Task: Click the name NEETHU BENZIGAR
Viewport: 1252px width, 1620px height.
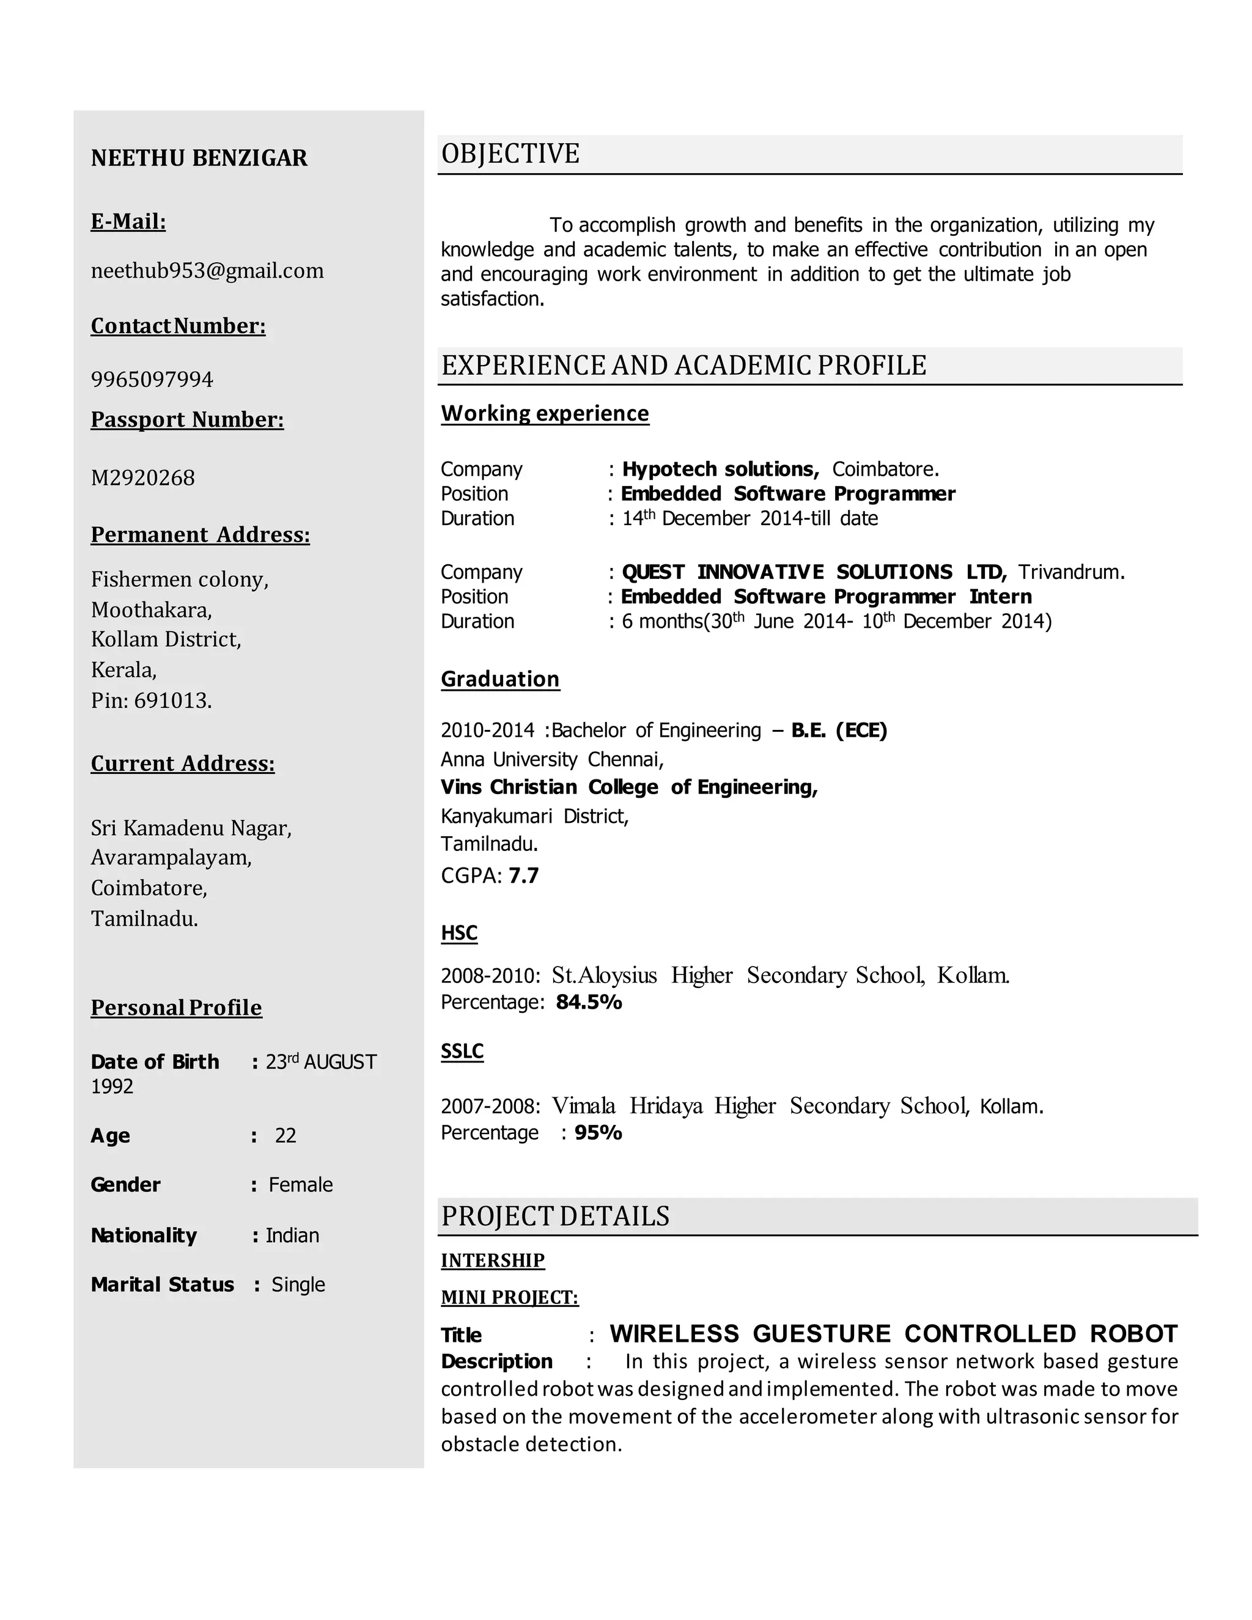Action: click(x=199, y=158)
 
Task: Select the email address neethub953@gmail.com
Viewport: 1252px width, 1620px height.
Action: click(x=207, y=271)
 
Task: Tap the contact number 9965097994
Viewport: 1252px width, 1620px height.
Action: click(x=152, y=379)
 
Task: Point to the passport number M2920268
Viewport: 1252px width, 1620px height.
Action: click(x=142, y=477)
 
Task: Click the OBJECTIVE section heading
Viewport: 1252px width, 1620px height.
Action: click(x=510, y=153)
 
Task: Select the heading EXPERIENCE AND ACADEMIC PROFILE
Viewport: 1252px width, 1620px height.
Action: click(x=683, y=366)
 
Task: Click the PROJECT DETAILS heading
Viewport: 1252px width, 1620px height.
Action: click(x=555, y=1217)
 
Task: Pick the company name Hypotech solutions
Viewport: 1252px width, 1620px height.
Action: click(x=720, y=469)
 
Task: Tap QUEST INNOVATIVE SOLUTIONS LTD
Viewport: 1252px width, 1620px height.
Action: click(x=813, y=572)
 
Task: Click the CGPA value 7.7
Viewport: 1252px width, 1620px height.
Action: click(x=524, y=876)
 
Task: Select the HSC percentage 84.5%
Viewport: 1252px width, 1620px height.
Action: click(x=589, y=1002)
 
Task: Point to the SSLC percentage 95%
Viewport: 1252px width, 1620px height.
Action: click(x=598, y=1133)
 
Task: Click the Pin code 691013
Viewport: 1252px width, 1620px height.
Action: click(x=172, y=700)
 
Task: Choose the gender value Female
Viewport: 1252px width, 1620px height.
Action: click(x=300, y=1185)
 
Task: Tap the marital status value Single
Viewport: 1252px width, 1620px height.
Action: click(x=298, y=1284)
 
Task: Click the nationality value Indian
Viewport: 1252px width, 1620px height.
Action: click(x=292, y=1235)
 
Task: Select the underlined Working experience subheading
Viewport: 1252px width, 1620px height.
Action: click(x=545, y=413)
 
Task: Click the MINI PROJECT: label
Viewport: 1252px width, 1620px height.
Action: click(x=510, y=1297)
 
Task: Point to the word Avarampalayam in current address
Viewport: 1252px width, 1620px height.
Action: click(x=171, y=858)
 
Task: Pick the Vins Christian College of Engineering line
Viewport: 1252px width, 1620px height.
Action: click(x=629, y=787)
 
